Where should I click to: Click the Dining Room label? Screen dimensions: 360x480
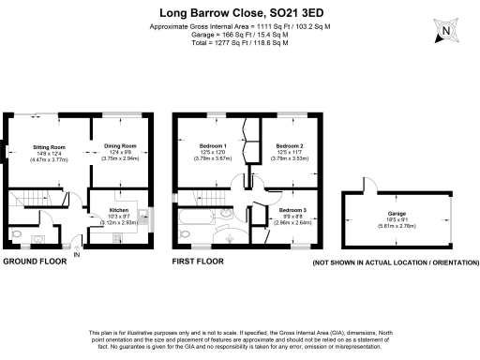point(119,146)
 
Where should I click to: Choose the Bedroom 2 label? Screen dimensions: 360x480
point(290,146)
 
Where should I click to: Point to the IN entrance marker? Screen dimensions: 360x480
point(78,254)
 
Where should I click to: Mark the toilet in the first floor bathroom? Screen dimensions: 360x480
point(231,219)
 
